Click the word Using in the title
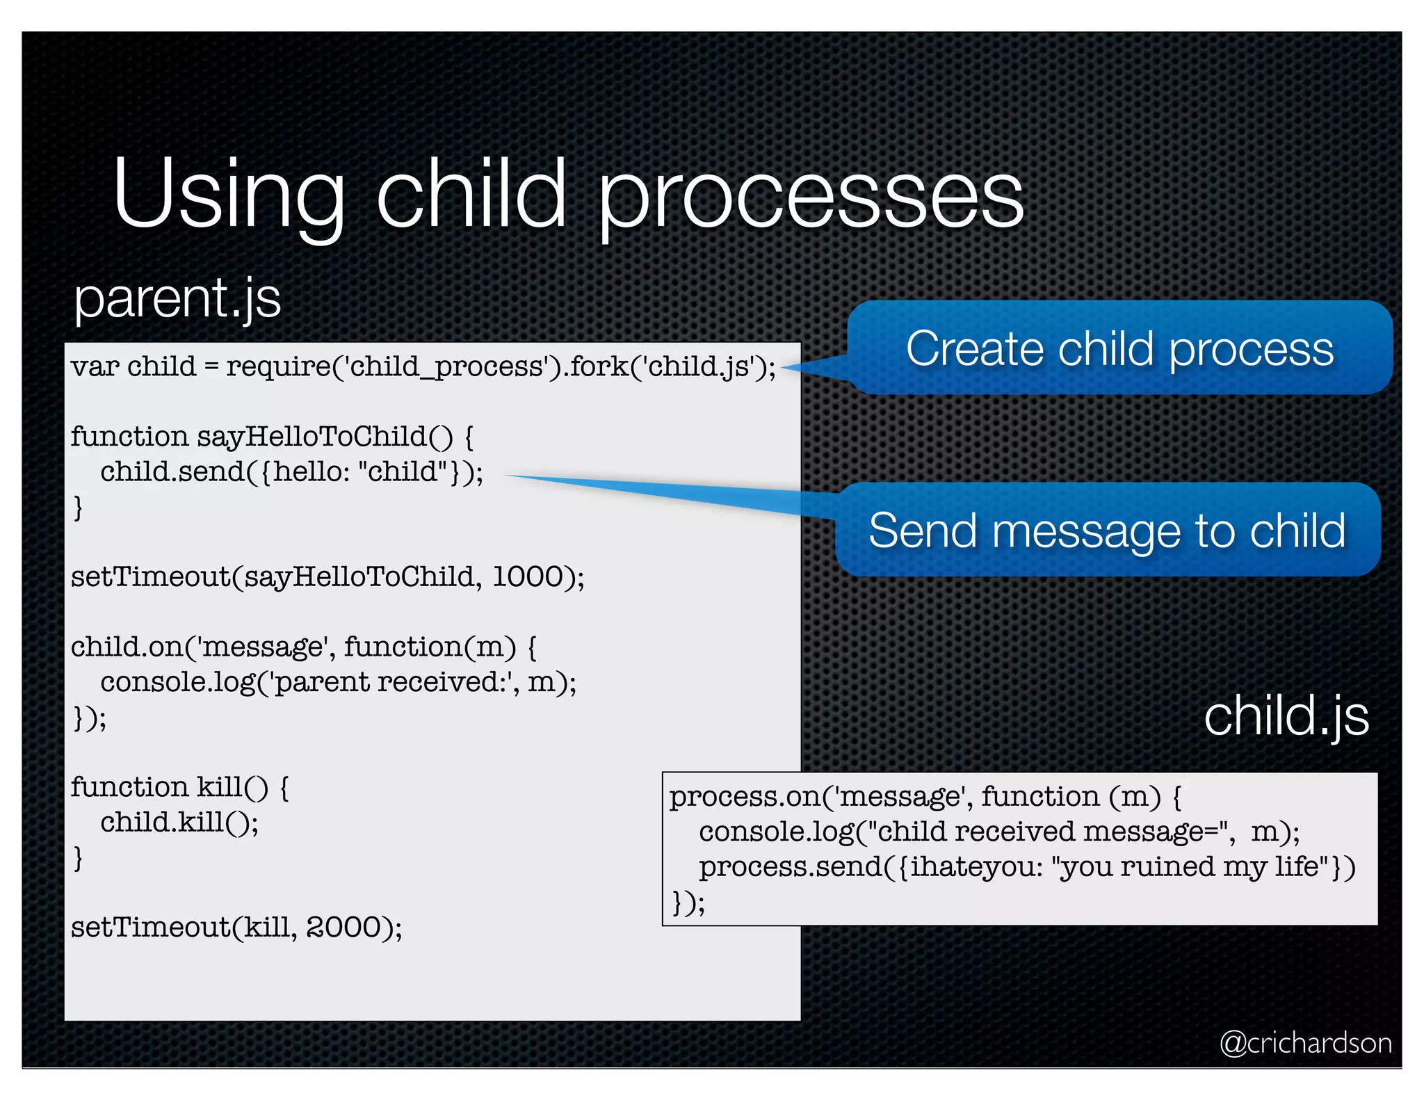coord(229,195)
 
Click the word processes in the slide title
coord(810,198)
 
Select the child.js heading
coord(1286,716)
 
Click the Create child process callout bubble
coord(1119,348)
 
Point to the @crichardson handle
coord(1306,1043)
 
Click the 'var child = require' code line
coord(423,366)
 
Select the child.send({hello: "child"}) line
coord(291,472)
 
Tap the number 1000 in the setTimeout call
coord(528,577)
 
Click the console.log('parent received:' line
coord(338,682)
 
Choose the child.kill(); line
coord(179,823)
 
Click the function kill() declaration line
coord(179,788)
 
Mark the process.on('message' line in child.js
coord(925,797)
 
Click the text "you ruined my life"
coord(1189,867)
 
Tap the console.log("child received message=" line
coord(999,832)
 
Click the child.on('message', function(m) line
coord(303,647)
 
